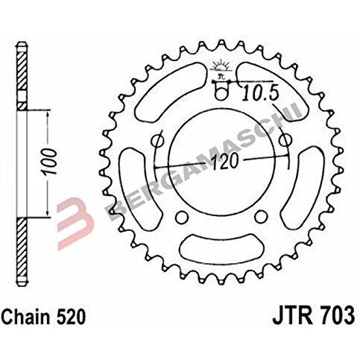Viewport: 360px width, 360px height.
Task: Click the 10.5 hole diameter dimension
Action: [260, 92]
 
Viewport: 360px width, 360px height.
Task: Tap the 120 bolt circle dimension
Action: [225, 162]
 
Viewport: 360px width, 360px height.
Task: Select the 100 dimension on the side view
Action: [48, 162]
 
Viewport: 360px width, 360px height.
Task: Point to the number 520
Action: [71, 317]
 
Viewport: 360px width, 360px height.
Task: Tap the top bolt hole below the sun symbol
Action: [221, 94]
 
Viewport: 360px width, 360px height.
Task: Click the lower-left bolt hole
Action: [181, 217]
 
